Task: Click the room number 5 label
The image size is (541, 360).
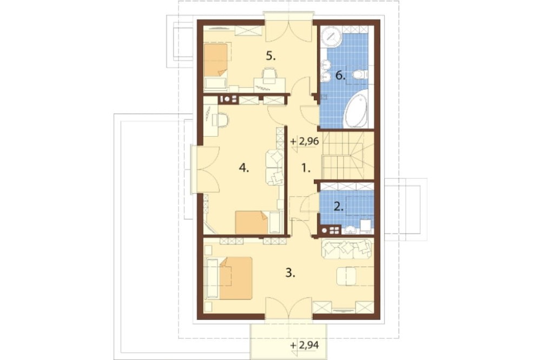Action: click(271, 56)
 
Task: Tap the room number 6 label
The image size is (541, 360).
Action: click(340, 76)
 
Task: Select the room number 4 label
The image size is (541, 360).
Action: click(244, 168)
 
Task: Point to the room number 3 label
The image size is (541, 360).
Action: click(290, 273)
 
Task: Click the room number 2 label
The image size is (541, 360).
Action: click(339, 206)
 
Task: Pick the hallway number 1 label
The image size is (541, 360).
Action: click(306, 168)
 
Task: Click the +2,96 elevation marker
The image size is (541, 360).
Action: click(304, 142)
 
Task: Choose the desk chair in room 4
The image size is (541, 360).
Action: click(221, 120)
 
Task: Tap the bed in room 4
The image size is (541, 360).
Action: click(252, 223)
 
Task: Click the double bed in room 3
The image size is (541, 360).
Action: click(235, 278)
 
